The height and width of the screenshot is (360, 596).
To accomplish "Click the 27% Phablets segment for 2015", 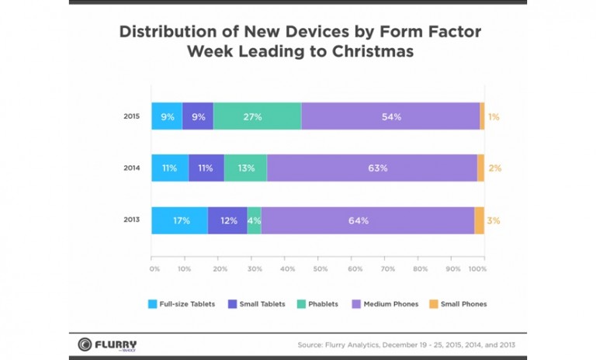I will click(257, 116).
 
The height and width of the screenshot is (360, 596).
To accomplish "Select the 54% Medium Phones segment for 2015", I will click(390, 116).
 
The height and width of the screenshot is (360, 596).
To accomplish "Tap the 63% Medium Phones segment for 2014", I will click(372, 168).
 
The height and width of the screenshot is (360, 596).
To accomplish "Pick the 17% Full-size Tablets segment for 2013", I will click(179, 220).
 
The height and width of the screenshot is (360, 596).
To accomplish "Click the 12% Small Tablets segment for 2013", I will click(227, 220).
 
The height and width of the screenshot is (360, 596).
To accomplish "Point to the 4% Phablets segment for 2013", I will click(254, 220).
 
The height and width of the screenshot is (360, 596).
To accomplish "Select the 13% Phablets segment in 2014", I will click(245, 168).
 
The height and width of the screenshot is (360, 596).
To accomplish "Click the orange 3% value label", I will click(493, 220).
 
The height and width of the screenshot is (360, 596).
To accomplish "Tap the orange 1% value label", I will click(494, 116).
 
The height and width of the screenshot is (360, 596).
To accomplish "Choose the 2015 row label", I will click(131, 116).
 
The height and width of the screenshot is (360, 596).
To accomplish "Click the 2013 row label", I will click(131, 220).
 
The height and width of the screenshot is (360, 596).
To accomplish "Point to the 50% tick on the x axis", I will click(321, 269).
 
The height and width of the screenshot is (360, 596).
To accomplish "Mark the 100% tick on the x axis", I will click(478, 269).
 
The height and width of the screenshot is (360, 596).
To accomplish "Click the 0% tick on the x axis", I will click(154, 269).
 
